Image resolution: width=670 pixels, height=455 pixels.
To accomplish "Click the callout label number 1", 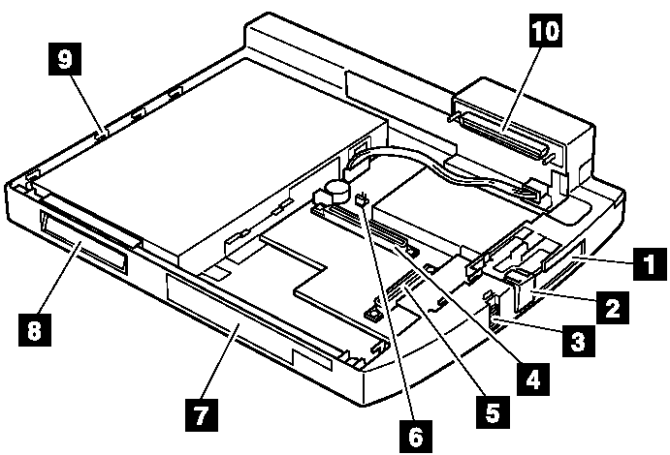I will pos(646,262).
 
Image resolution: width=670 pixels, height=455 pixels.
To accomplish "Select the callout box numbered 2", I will pos(611,310).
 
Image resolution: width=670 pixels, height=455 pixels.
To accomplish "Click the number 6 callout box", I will pos(414,437).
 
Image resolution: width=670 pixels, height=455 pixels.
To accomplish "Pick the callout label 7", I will pos(201,416).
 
